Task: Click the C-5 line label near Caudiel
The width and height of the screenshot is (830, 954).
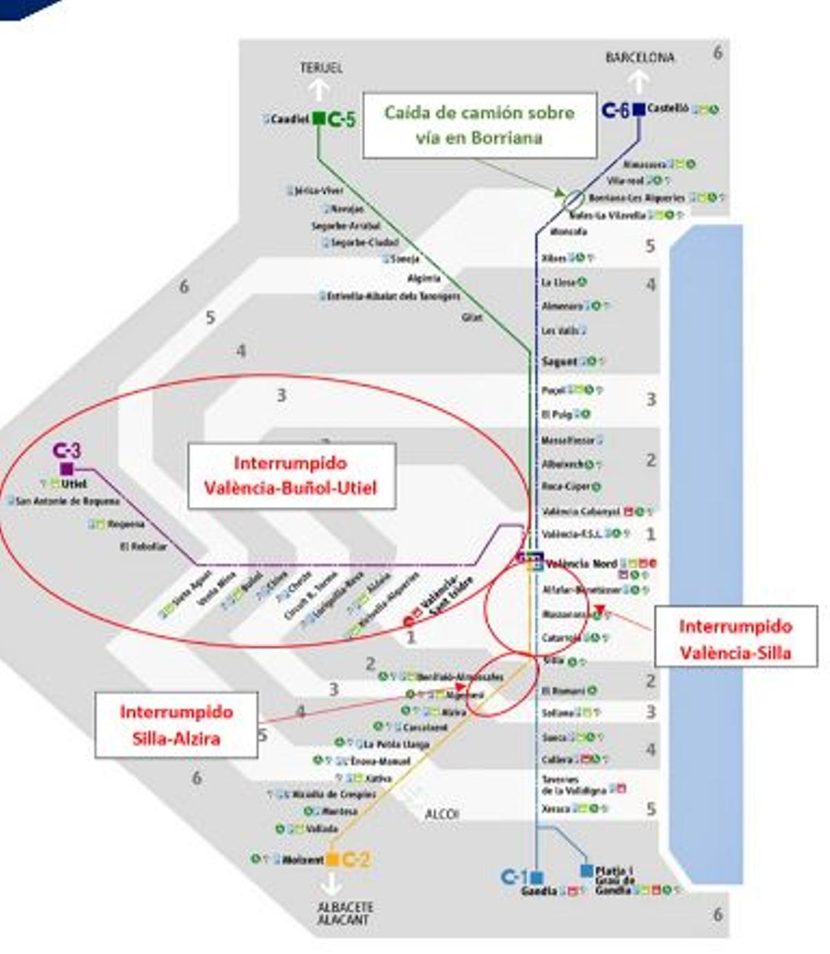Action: click(x=342, y=119)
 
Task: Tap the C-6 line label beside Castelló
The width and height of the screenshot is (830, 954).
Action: click(x=616, y=109)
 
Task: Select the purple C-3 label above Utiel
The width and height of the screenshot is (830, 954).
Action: click(x=66, y=451)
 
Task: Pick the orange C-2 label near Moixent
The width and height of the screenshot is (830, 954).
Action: click(x=356, y=860)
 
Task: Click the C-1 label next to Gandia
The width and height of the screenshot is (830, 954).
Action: click(x=514, y=877)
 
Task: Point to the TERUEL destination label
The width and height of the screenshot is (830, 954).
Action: click(x=321, y=68)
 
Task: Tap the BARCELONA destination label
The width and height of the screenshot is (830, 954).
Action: click(x=639, y=58)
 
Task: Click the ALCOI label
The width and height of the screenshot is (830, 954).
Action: click(x=441, y=814)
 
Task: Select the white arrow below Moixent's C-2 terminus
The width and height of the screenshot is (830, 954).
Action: click(x=332, y=884)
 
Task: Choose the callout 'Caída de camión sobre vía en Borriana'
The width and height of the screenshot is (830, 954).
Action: click(x=479, y=125)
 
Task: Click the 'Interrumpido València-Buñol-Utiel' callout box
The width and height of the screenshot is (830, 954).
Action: click(x=291, y=476)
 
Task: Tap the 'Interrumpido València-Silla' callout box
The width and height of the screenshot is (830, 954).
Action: click(x=735, y=638)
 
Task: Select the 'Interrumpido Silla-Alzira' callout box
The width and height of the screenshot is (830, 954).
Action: click(x=176, y=724)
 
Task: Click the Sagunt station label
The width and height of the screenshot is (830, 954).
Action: click(x=559, y=361)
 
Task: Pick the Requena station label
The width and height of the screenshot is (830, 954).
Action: click(x=126, y=524)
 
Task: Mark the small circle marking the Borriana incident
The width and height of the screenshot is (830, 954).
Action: click(x=573, y=199)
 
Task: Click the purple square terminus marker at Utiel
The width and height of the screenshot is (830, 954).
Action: click(x=67, y=469)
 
